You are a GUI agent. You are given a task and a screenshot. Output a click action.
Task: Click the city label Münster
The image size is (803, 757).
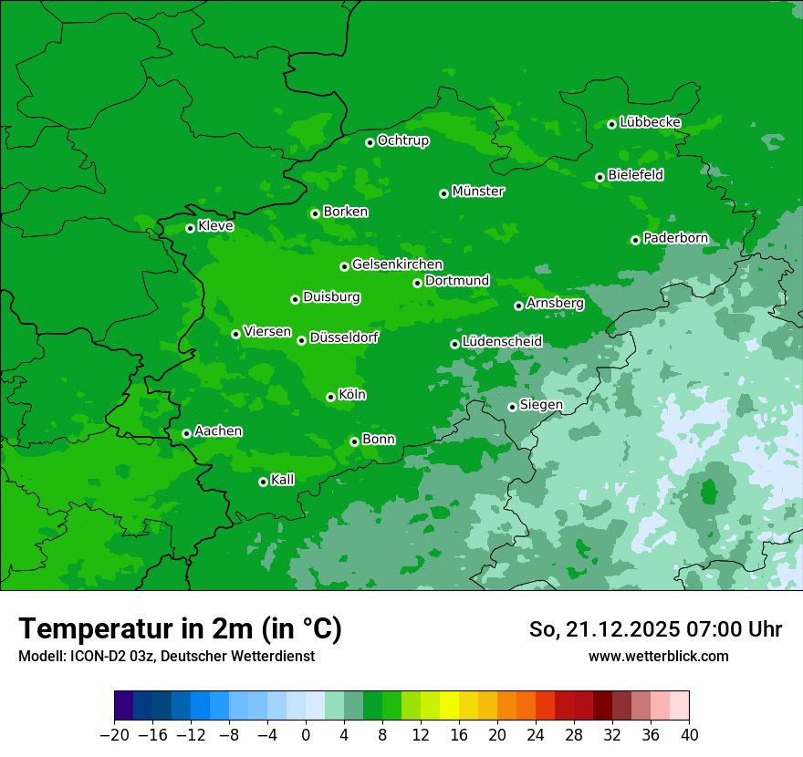click(x=478, y=192)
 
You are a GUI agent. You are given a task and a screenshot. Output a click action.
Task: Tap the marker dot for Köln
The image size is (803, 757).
click(x=330, y=397)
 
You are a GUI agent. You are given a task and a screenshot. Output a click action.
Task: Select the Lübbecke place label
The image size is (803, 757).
click(x=650, y=122)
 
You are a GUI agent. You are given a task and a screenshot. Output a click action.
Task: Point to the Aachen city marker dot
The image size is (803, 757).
click(x=186, y=433)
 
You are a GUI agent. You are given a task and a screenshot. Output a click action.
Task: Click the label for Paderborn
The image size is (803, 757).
click(x=675, y=238)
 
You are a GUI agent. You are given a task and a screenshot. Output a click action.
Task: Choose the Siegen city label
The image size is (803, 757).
click(x=541, y=405)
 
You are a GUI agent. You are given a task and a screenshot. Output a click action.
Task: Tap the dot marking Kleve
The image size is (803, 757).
click(x=190, y=228)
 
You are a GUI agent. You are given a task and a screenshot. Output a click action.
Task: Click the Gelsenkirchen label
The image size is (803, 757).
click(x=397, y=264)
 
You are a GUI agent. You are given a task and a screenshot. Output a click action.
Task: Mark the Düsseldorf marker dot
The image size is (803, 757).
click(x=301, y=340)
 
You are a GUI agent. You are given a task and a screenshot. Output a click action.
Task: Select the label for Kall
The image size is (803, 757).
click(x=283, y=480)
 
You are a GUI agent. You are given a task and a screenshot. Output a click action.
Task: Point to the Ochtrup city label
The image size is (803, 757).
click(x=402, y=140)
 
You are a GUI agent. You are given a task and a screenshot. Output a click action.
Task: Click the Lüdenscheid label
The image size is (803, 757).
click(x=502, y=342)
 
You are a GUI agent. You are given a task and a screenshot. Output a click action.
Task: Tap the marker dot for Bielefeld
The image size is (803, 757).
click(x=600, y=177)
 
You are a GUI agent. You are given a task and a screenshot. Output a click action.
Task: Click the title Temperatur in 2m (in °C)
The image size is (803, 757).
click(x=180, y=629)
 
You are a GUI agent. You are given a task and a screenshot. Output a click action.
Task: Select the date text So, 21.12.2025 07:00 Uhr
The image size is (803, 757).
click(x=655, y=629)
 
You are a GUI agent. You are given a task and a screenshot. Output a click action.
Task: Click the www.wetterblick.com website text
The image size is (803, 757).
click(x=658, y=656)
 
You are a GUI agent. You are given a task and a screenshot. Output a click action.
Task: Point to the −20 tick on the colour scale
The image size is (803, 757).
click(x=115, y=735)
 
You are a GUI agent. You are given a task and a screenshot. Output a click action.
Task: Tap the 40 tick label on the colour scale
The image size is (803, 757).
click(x=689, y=735)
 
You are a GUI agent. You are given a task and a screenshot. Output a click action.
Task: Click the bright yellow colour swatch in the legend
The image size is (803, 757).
click(x=450, y=706)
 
